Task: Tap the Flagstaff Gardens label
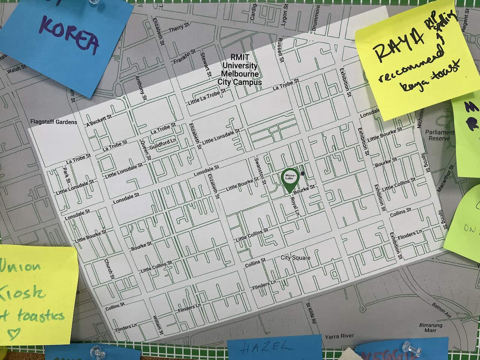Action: coord(54,122)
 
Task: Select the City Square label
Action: coord(295,258)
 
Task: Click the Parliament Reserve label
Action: coord(439,135)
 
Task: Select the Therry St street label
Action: coord(178,28)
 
